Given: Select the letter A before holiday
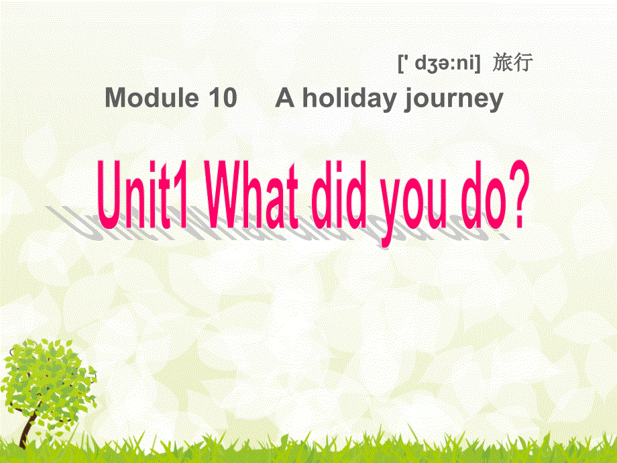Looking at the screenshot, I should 285,99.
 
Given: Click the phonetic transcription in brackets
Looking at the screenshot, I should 439,64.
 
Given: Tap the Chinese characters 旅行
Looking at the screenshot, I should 512,63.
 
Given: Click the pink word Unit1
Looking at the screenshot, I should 147,194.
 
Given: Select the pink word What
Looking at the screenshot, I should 254,194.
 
